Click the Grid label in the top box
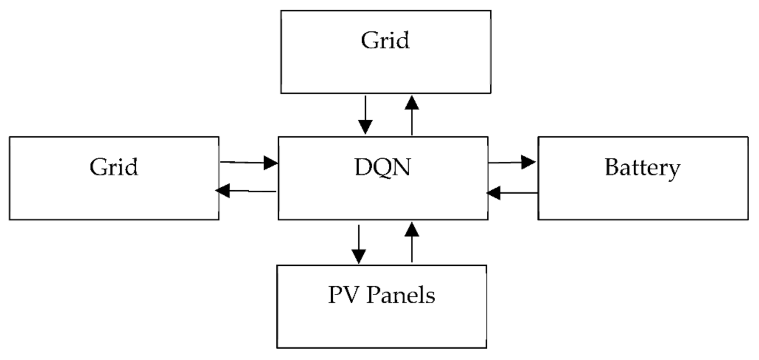pyautogui.click(x=385, y=40)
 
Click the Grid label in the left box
pyautogui.click(x=114, y=167)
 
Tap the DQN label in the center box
pyautogui.click(x=382, y=167)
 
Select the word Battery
pyautogui.click(x=642, y=168)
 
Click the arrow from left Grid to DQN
pyautogui.click(x=248, y=163)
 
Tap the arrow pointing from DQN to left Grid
pyautogui.click(x=246, y=191)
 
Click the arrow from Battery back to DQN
pyautogui.click(x=512, y=193)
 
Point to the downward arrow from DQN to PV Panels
pyautogui.click(x=359, y=244)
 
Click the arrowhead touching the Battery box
pyautogui.click(x=528, y=162)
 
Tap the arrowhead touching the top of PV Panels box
pyautogui.click(x=359, y=256)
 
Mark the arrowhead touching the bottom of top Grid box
pyautogui.click(x=412, y=103)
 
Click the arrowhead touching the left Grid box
pyautogui.click(x=223, y=191)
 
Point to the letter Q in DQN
pyautogui.click(x=382, y=168)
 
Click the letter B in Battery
pyautogui.click(x=612, y=167)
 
